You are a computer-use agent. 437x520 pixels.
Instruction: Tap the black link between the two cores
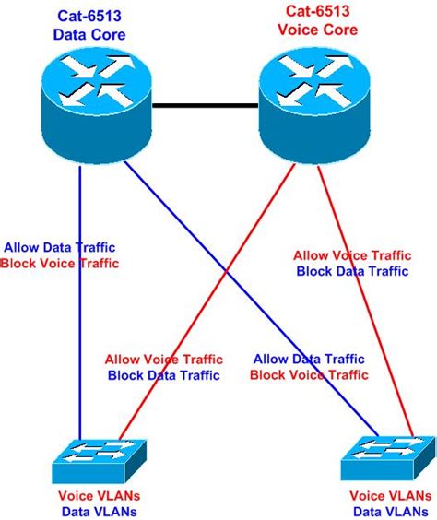point(203,107)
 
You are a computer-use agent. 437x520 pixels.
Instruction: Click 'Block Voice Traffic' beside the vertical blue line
point(60,264)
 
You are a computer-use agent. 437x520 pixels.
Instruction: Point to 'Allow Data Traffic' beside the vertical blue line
point(60,247)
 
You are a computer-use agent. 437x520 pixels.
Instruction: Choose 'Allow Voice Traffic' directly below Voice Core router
point(350,255)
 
